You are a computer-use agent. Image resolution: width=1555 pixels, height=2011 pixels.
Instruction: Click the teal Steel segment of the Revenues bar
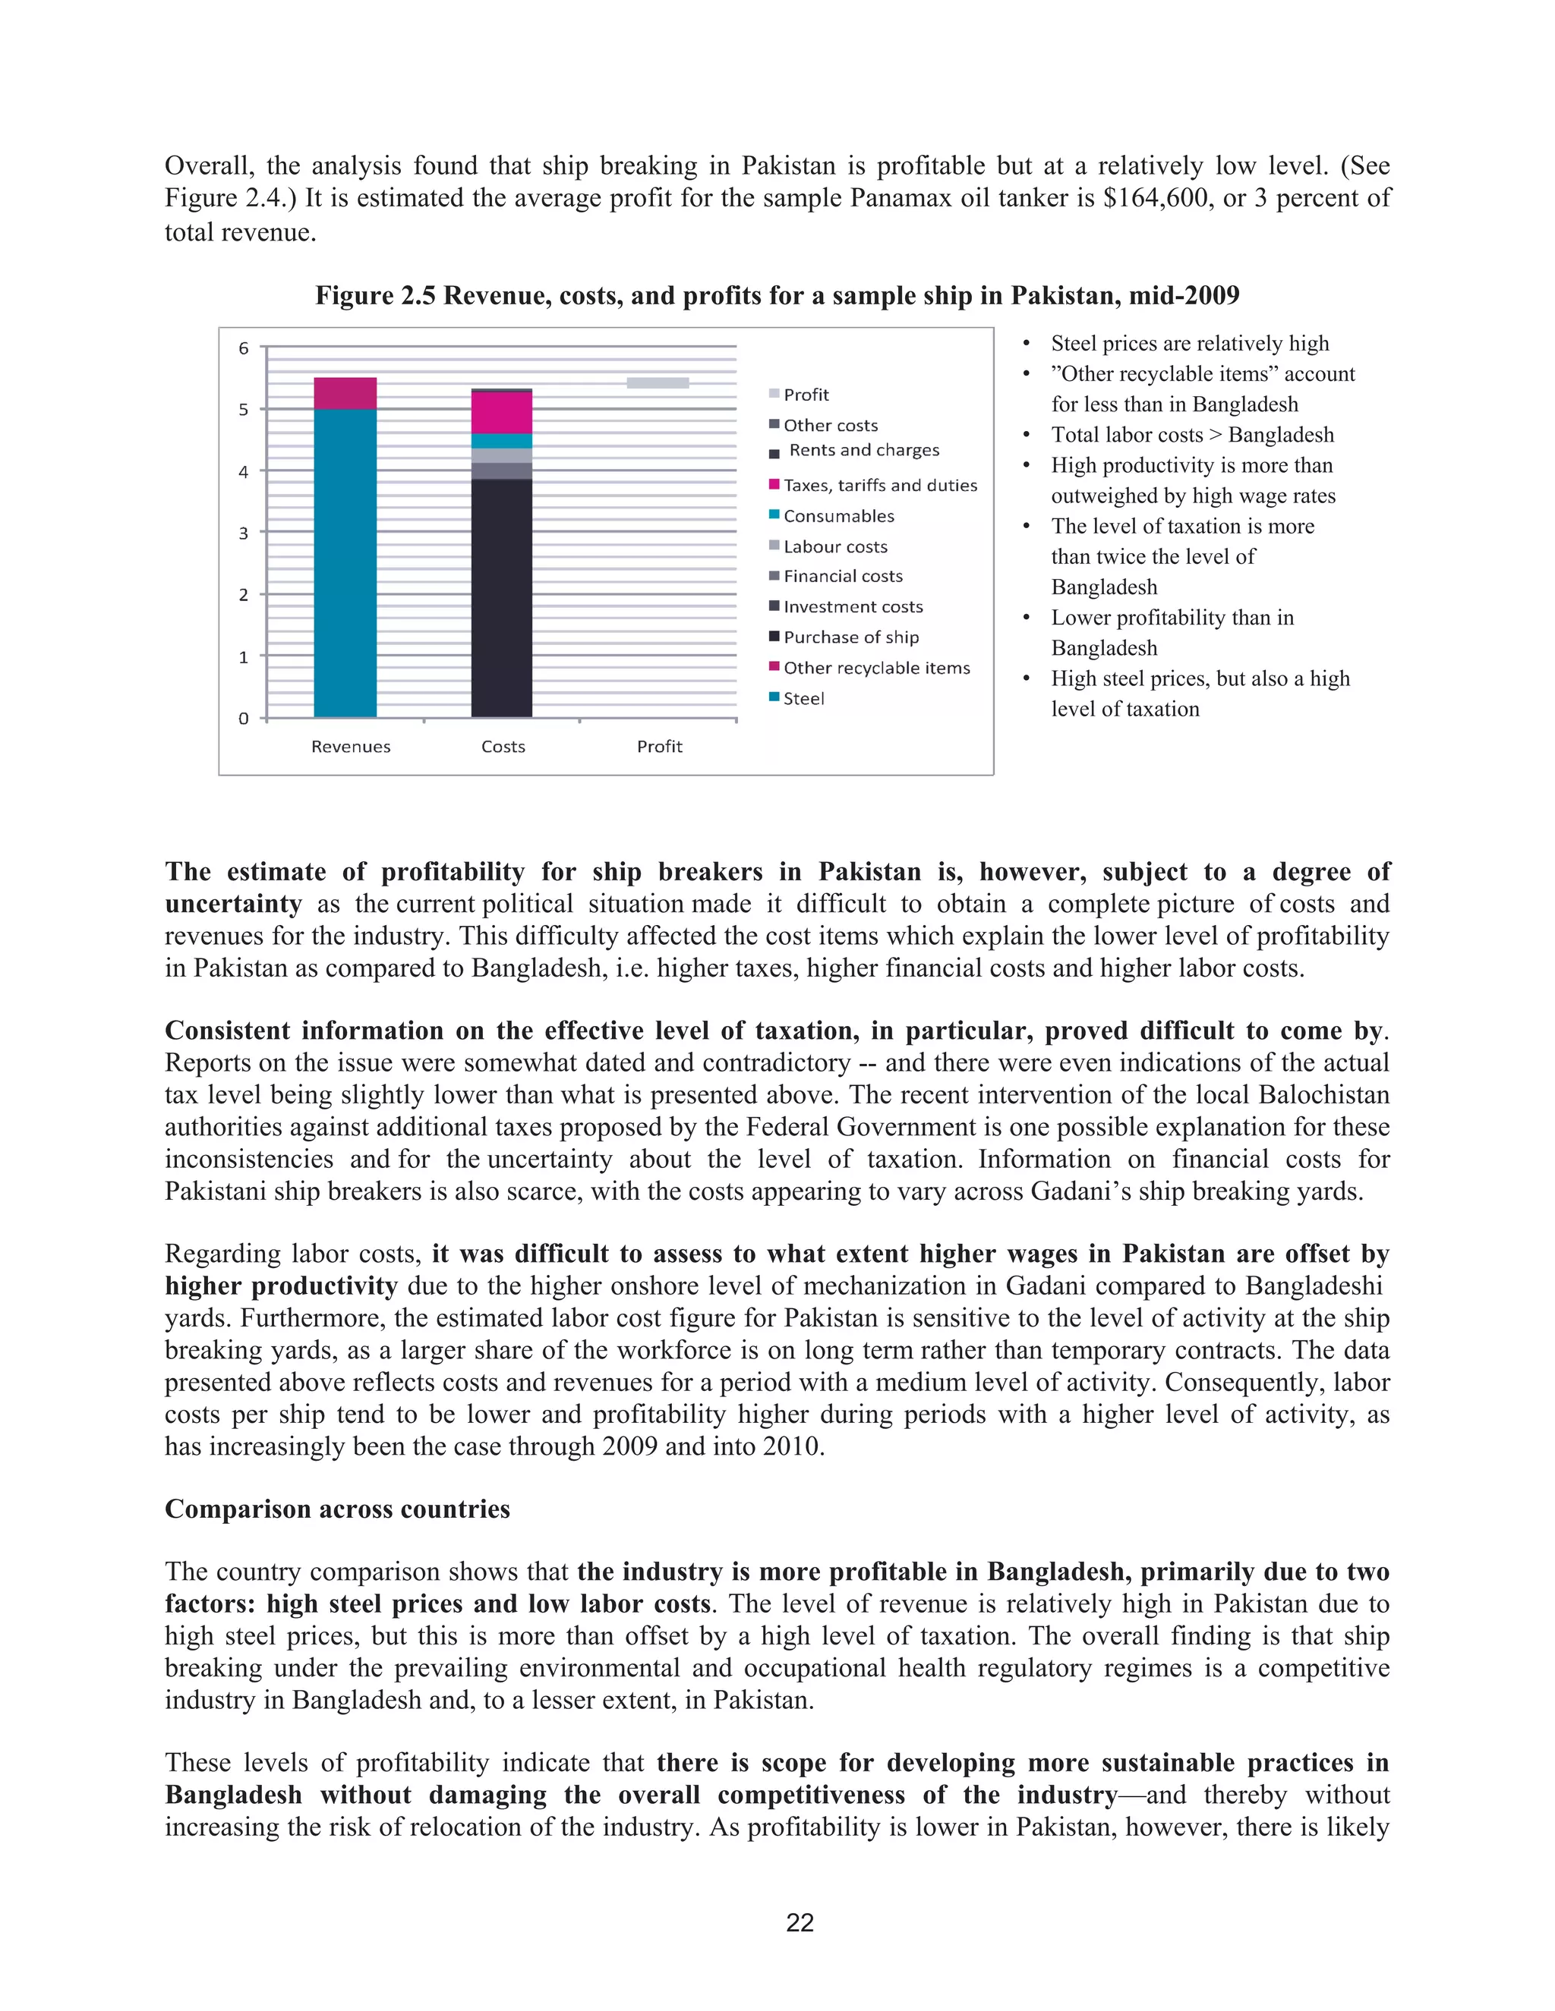(345, 562)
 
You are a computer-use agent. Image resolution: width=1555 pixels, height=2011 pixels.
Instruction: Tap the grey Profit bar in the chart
(657, 383)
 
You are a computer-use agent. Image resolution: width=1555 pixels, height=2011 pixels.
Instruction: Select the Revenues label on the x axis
(350, 747)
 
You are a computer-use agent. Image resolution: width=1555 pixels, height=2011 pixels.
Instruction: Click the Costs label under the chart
(503, 747)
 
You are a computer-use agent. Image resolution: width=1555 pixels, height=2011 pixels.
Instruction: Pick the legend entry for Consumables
(837, 515)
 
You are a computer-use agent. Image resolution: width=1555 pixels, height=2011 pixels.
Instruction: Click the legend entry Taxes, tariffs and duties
(878, 485)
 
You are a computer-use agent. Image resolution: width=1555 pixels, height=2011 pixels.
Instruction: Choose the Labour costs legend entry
(834, 546)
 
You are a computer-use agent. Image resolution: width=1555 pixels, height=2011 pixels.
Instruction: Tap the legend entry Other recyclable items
(875, 668)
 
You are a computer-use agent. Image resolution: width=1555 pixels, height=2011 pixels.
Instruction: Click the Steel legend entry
(803, 698)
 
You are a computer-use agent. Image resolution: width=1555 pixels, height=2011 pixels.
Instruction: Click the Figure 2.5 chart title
(777, 295)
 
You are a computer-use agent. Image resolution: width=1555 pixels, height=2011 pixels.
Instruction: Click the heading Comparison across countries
(337, 1509)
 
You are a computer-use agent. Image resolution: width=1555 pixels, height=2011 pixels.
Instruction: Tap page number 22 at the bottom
(800, 1923)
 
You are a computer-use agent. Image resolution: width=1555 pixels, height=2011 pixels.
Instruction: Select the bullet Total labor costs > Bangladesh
(1191, 435)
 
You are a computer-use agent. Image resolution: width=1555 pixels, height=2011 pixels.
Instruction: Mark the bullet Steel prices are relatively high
(1189, 344)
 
